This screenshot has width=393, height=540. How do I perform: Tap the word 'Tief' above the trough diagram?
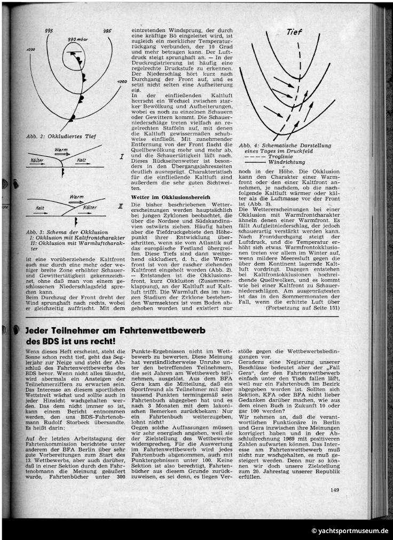294,32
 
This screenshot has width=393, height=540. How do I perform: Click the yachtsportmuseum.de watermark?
350,531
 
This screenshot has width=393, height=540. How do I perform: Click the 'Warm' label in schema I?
61,150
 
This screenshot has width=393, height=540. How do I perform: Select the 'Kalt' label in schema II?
40,208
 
